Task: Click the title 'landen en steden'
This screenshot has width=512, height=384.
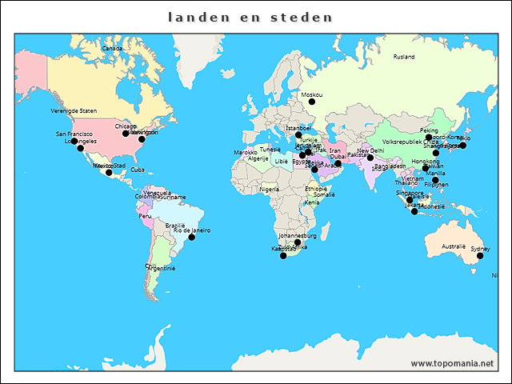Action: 250,16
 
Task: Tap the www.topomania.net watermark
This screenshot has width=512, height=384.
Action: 453,363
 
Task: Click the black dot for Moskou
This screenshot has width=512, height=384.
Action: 312,102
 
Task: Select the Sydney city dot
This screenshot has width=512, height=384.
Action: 480,256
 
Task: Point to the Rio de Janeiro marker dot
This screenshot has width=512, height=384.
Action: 191,237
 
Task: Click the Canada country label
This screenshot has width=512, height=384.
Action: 112,48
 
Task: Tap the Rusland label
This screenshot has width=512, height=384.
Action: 404,57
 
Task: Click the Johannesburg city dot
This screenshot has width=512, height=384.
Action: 298,242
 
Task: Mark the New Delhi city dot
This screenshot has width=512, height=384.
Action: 370,157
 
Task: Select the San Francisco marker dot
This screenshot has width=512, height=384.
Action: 74,141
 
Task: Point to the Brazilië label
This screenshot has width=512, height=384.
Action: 175,226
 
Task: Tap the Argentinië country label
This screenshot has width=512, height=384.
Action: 161,269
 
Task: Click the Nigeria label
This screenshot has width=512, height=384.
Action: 270,190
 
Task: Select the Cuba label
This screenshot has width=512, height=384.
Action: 138,170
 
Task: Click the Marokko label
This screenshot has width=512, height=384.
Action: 245,152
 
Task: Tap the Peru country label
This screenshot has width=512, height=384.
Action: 145,216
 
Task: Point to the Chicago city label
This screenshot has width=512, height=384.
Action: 126,126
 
